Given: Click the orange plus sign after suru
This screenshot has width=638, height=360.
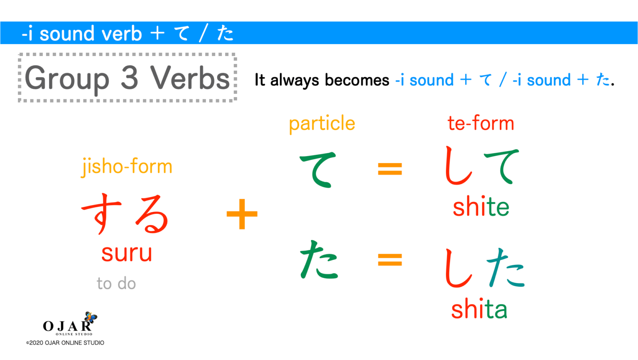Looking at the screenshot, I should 242,214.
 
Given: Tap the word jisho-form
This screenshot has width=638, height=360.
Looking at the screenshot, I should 127,167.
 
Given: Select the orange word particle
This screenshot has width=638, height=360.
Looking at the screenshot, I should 322,124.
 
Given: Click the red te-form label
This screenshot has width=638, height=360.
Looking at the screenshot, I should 481,123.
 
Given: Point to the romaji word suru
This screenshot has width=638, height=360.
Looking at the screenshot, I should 127,253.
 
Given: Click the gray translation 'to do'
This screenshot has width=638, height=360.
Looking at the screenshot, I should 116,284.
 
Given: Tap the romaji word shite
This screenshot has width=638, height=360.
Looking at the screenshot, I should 481,207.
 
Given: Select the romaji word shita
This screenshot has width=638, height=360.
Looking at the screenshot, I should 479,310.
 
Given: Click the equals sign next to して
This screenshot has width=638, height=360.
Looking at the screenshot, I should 390,169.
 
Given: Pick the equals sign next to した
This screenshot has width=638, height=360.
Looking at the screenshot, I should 390,260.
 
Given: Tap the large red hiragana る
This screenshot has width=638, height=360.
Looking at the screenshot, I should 152,214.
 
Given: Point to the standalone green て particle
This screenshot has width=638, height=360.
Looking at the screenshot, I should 318,169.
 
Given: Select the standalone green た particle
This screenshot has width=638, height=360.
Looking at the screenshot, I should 319,260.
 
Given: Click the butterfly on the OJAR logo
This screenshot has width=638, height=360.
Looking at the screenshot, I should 91,317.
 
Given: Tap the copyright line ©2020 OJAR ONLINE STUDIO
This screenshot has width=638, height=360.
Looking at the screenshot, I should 65,343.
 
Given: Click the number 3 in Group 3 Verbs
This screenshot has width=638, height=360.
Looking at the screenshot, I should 129,78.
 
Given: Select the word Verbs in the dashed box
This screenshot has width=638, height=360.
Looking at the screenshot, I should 190,78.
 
